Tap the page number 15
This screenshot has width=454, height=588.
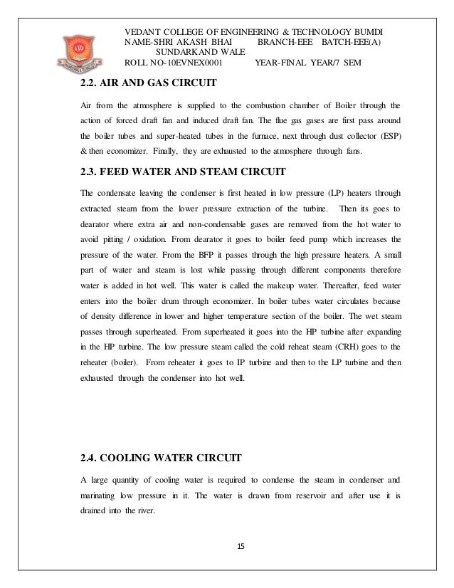[239, 546]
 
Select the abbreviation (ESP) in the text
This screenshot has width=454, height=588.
[388, 136]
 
